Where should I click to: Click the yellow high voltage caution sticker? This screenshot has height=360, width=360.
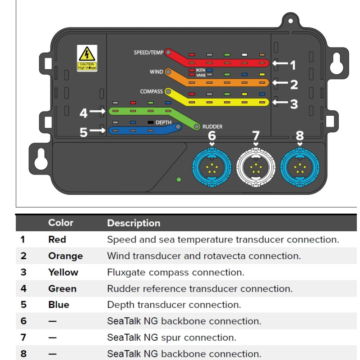point(86,58)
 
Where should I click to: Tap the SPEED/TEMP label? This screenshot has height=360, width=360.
point(148,53)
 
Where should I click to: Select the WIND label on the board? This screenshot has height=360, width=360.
point(156,72)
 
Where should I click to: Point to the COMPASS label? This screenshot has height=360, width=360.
point(151,91)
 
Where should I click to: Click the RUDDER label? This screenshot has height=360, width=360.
point(212,127)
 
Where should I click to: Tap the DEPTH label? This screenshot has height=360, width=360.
point(164,122)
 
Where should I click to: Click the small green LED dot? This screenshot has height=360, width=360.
point(179,180)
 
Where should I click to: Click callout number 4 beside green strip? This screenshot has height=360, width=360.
point(84,113)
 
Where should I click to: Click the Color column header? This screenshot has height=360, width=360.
point(61,223)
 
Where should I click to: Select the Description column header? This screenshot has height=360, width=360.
point(134,223)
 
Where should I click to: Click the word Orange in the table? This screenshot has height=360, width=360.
point(66,256)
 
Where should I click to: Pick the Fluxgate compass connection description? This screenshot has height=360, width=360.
point(175,272)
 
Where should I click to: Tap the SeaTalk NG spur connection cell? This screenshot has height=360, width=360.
point(171,337)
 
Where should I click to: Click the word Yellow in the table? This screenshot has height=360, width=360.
point(63,272)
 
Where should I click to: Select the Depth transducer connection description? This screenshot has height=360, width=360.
point(174,305)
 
